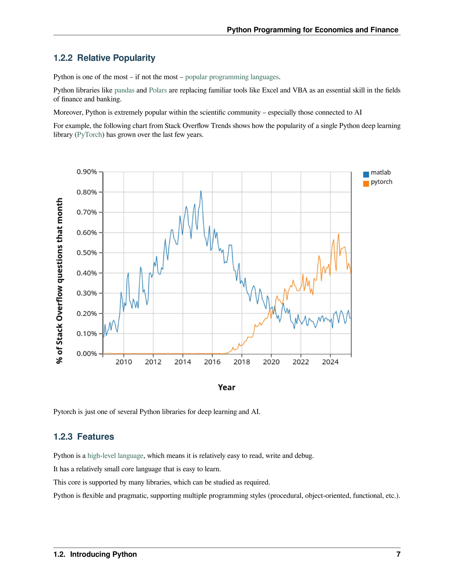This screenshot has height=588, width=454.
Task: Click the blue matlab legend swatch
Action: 366,174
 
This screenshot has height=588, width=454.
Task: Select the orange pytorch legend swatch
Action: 366,184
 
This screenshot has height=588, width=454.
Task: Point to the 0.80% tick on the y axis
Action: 87,192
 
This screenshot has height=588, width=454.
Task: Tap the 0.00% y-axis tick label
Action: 87,353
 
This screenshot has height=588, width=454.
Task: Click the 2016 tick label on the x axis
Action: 212,362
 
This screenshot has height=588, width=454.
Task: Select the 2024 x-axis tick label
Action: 330,362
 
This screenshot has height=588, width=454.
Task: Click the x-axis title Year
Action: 227,387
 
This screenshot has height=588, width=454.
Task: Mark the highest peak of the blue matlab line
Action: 201,191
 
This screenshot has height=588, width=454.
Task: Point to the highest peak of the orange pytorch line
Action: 339,234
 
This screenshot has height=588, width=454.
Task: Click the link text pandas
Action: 124,90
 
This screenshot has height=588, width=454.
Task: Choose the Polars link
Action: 158,90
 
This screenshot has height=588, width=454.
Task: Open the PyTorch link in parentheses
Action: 90,135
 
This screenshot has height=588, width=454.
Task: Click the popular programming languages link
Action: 232,77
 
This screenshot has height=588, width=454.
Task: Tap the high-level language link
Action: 115,456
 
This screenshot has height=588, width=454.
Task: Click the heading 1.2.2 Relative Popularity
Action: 104,58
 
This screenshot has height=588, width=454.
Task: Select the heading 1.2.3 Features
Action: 84,437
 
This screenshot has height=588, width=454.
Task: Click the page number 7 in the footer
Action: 398,554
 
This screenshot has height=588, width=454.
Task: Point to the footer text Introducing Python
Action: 103,554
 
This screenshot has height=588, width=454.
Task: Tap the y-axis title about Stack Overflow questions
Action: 59,280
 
